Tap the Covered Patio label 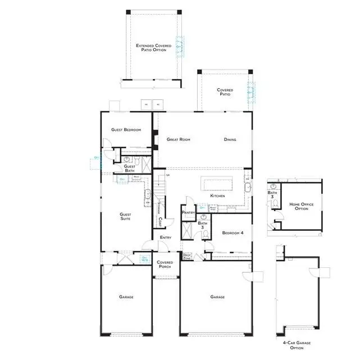point(225,92)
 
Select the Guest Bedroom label point(126,130)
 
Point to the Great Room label point(179,139)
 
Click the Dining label point(230,139)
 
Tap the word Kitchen point(218,196)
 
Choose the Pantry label point(188,212)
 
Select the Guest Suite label point(126,216)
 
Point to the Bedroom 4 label point(232,233)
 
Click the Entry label point(165,238)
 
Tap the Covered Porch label point(165,264)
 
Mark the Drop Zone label point(188,256)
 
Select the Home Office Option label point(299,206)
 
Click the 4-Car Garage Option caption point(297,344)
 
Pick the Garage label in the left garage point(126,297)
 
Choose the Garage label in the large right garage point(218,297)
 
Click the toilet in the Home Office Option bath point(274,206)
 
